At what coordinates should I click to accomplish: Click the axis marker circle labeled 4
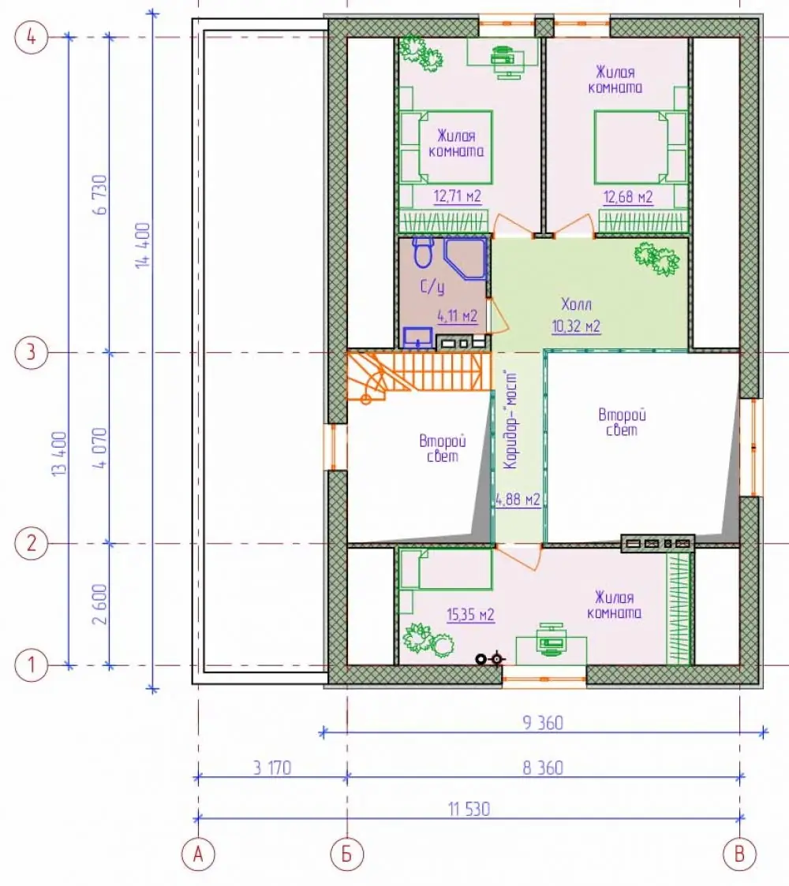click(x=31, y=37)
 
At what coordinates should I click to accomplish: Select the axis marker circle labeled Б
click(x=346, y=854)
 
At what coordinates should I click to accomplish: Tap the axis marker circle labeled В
click(x=740, y=854)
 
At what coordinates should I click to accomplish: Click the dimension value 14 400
click(x=143, y=244)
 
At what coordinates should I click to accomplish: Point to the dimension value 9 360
click(x=543, y=723)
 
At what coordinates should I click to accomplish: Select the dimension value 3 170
click(x=272, y=768)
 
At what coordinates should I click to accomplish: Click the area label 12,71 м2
click(x=457, y=196)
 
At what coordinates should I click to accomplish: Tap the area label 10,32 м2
click(x=576, y=326)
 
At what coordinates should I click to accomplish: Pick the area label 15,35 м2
click(x=470, y=614)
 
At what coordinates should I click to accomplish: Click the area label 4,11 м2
click(x=457, y=316)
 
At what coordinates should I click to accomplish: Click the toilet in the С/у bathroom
click(x=422, y=252)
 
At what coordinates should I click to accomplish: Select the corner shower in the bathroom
click(x=465, y=259)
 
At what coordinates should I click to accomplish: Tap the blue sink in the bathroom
click(x=418, y=338)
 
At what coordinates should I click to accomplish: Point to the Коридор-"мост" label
click(x=510, y=419)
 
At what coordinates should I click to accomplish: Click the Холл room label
click(x=576, y=304)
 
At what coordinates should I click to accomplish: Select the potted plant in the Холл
click(x=656, y=259)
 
